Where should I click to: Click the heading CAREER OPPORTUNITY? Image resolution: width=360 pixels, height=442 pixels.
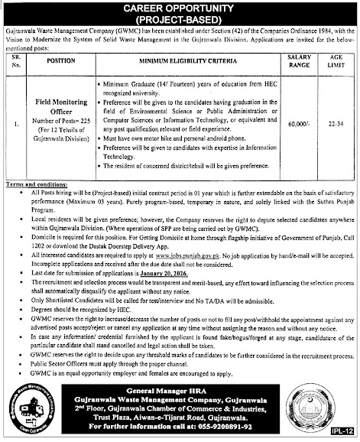[180, 7]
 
